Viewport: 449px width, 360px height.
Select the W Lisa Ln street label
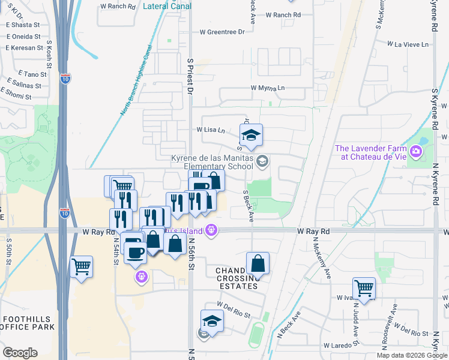(210, 130)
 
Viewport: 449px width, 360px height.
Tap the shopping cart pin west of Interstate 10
(81, 267)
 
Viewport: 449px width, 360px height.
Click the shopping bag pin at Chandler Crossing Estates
(258, 264)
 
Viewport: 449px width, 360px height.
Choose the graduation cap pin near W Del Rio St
(211, 322)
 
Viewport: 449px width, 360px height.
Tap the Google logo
(20, 353)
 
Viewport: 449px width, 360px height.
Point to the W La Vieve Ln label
(408, 44)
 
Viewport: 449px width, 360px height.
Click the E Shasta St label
(23, 25)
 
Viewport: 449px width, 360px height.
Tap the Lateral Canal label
(168, 7)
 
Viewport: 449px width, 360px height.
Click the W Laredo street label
(336, 346)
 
